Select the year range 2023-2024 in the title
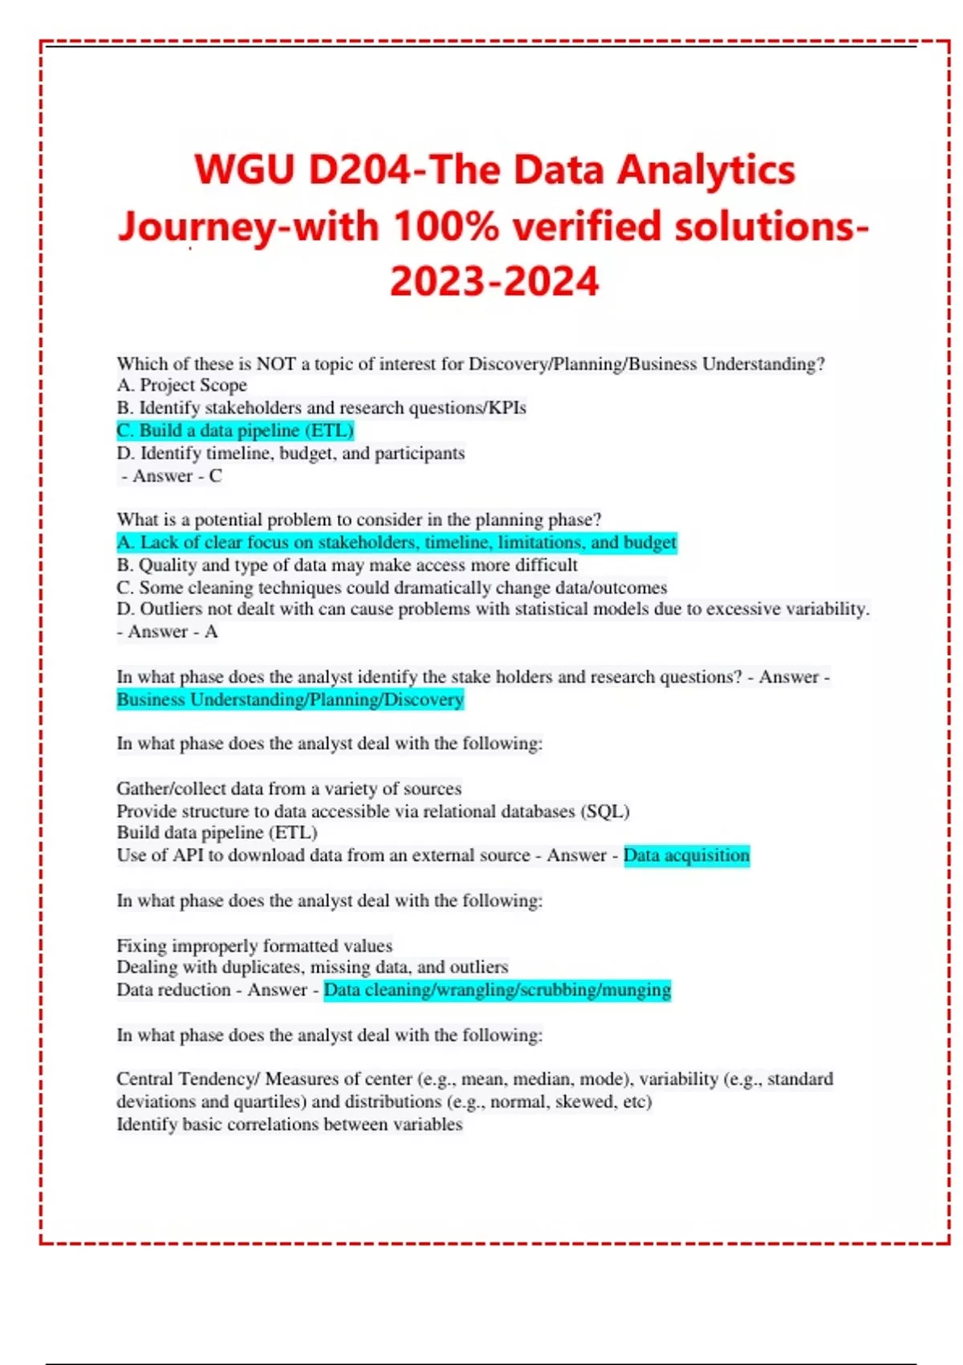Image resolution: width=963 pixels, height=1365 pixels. [x=494, y=282]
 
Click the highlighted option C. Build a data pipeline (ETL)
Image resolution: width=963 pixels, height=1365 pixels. [x=235, y=430]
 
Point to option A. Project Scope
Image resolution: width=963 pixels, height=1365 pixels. [x=182, y=385]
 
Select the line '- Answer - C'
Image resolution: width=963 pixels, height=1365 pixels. [x=172, y=476]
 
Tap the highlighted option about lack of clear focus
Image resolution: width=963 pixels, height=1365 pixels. [x=396, y=543]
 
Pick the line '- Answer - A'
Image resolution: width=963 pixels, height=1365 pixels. [x=167, y=632]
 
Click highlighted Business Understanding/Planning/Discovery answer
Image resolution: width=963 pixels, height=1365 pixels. [x=291, y=699]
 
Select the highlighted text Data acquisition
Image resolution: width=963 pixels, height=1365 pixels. [x=686, y=855]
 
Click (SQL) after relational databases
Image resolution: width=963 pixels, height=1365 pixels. [x=607, y=811]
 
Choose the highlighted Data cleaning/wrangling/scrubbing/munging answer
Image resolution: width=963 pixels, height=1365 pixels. [x=497, y=990]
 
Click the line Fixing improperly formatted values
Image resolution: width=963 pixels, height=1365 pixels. [x=254, y=946]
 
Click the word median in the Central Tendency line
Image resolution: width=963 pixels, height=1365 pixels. [x=537, y=1079]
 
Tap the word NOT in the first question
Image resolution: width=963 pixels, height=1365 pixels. [x=276, y=364]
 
